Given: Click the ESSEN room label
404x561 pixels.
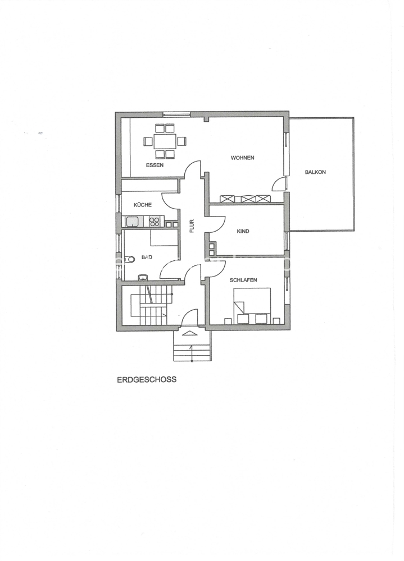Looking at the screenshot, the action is (155, 165).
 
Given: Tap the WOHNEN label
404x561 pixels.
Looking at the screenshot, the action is (242, 158).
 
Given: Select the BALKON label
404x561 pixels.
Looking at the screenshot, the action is (315, 172).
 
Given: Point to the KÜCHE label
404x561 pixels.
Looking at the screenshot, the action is (142, 205).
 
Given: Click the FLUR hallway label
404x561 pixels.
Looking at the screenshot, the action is (192, 226).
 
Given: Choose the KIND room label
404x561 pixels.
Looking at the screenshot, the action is (243, 231).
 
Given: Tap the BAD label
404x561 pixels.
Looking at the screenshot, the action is (147, 257).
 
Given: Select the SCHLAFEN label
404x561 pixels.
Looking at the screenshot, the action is (243, 280).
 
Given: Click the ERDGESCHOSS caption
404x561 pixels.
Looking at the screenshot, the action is (147, 380).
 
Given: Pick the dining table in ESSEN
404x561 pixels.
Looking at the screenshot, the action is (165, 141).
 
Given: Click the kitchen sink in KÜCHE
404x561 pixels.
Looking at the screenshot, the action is (132, 222).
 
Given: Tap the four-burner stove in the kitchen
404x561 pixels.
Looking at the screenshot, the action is (154, 222).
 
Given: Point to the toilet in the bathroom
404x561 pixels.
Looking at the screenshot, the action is (129, 259).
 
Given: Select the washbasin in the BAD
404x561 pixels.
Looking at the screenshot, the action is (143, 277).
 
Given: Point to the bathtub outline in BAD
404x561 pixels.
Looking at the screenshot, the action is (164, 238).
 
